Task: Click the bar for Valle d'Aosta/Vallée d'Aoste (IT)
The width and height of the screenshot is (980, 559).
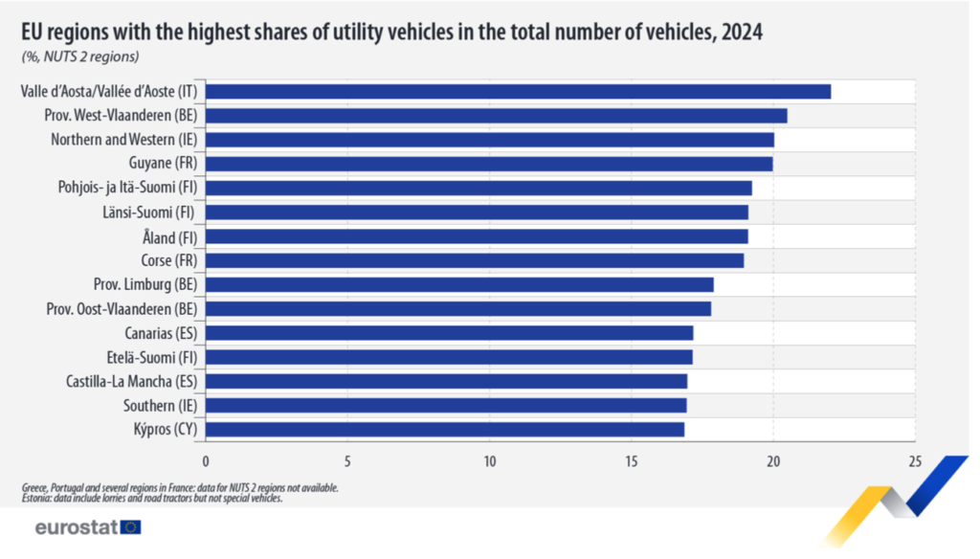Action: point(518,92)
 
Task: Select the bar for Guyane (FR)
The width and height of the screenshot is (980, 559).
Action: point(489,164)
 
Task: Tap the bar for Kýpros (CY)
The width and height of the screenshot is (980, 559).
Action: point(445,429)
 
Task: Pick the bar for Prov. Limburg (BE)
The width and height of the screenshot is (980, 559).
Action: point(459,284)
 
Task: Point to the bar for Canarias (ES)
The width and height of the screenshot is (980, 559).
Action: point(449,333)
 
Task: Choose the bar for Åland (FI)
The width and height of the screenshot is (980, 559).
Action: point(477,236)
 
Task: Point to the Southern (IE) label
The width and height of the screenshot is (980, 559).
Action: point(160,405)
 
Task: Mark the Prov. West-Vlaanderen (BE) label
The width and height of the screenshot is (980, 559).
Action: point(121,116)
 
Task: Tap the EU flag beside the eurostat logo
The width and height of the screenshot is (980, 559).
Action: point(131,526)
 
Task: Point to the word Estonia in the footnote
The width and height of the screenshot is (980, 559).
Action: point(36,498)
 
